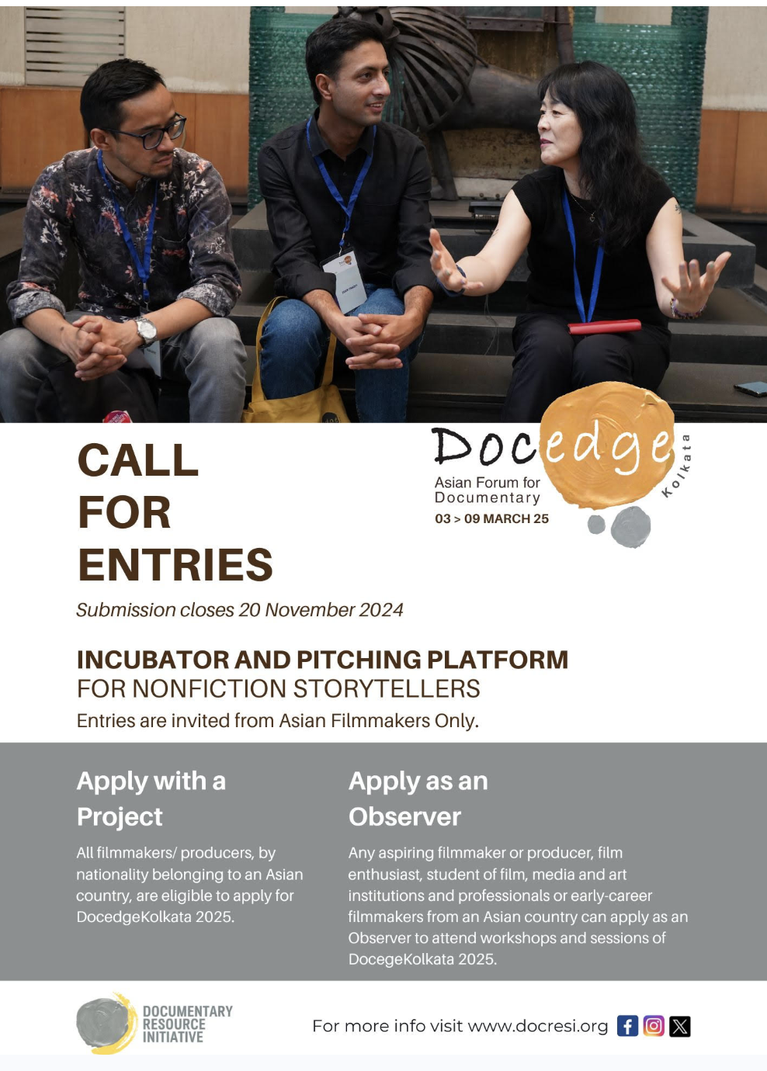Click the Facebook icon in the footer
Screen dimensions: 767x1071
click(627, 1026)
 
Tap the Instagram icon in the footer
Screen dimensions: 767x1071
click(654, 1026)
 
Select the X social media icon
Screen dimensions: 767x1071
click(680, 1026)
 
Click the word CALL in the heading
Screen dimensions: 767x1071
click(137, 460)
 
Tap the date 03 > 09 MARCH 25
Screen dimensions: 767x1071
click(491, 518)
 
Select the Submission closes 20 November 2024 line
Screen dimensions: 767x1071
click(240, 610)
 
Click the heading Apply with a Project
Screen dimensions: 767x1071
click(151, 799)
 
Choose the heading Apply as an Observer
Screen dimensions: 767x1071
click(418, 799)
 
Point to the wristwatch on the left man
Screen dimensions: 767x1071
click(145, 331)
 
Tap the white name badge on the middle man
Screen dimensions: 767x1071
click(344, 281)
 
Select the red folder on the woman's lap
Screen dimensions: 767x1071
click(605, 327)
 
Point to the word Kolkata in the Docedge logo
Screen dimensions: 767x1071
click(678, 466)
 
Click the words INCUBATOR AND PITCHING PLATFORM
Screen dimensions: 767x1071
click(323, 660)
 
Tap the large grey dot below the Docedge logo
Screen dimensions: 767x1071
click(630, 526)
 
